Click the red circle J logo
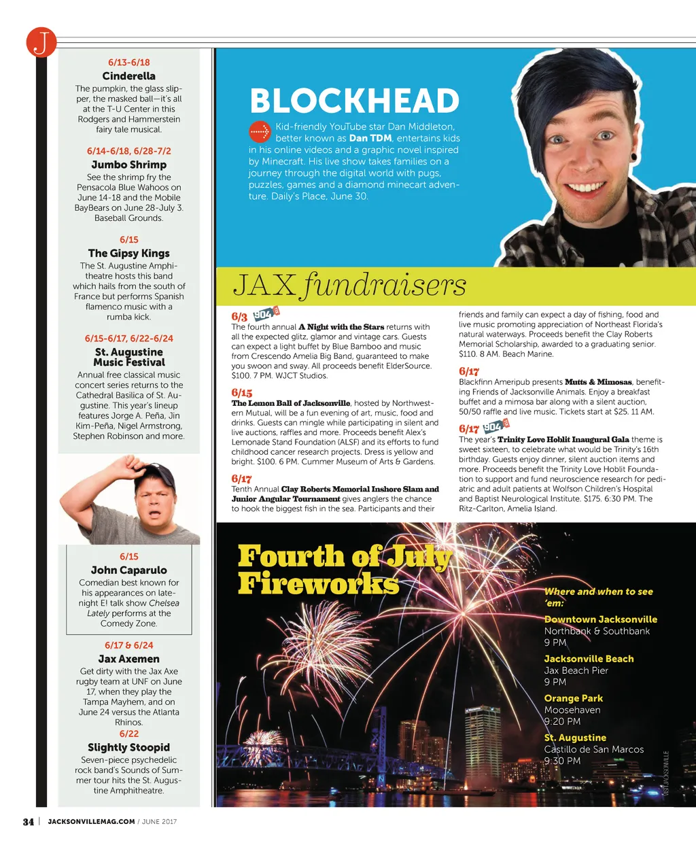pyautogui.click(x=41, y=42)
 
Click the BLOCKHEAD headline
pyautogui.click(x=354, y=101)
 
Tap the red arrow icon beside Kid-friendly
pyautogui.click(x=260, y=131)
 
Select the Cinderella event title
pyautogui.click(x=128, y=76)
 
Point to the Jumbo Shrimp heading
pyautogui.click(x=128, y=165)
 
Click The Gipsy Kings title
pyautogui.click(x=128, y=253)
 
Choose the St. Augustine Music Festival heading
pyautogui.click(x=128, y=357)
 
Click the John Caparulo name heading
pyautogui.click(x=128, y=570)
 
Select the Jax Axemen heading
pyautogui.click(x=128, y=659)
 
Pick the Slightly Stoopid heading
pyautogui.click(x=128, y=747)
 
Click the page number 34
pyautogui.click(x=28, y=821)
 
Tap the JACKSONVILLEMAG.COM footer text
pyautogui.click(x=91, y=821)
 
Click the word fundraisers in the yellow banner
pyautogui.click(x=385, y=286)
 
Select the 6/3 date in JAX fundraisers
pyautogui.click(x=239, y=317)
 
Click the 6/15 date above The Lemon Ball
pyautogui.click(x=241, y=392)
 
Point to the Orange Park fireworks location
pyautogui.click(x=573, y=698)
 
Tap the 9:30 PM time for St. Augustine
pyautogui.click(x=562, y=761)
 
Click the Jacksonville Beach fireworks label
pyautogui.click(x=589, y=659)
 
